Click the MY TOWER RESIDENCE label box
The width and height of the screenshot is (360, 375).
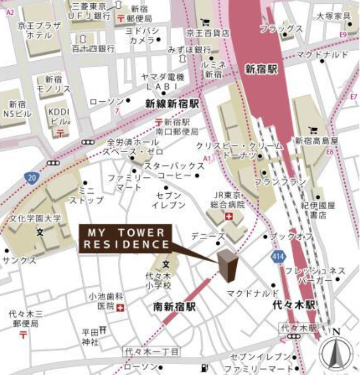click(x=125, y=238)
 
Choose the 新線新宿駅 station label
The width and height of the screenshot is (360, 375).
click(x=172, y=103)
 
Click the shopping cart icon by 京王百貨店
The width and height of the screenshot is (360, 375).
click(x=205, y=22)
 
